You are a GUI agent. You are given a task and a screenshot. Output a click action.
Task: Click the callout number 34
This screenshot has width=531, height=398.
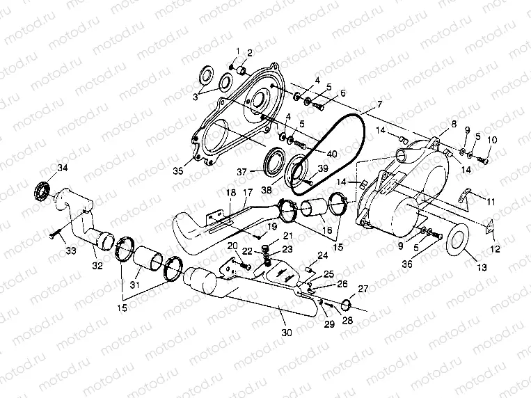point(63,167)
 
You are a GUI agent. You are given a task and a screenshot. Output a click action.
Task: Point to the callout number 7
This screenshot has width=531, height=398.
point(379,105)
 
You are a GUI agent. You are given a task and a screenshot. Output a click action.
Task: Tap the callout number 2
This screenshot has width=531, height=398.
point(250,53)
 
